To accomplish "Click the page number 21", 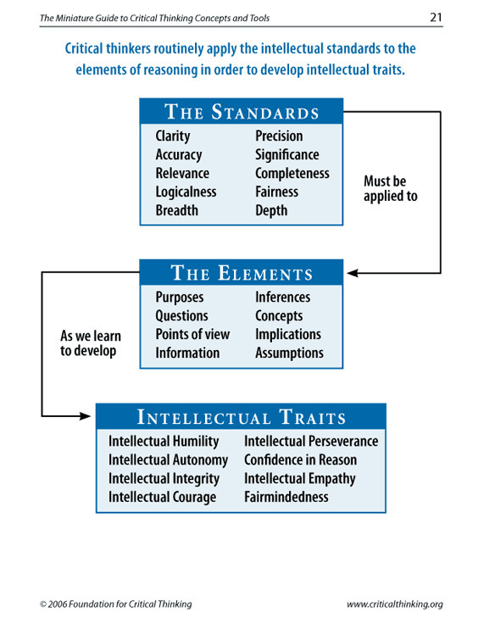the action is [x=436, y=17].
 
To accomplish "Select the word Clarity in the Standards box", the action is [x=173, y=136].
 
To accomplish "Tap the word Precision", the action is [x=279, y=136].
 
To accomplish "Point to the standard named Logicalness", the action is [x=186, y=192].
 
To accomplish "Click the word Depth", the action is [x=271, y=210].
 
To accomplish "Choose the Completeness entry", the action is [x=292, y=174].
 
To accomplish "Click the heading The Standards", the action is [x=242, y=112].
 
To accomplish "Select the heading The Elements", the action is [x=242, y=273].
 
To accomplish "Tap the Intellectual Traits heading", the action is [x=242, y=417].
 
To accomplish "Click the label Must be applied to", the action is [x=390, y=189].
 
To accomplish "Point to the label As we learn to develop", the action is [x=91, y=343].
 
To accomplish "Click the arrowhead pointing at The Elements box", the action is [x=353, y=273].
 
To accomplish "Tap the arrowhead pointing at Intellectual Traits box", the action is [x=85, y=415].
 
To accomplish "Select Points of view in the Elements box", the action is [x=192, y=334].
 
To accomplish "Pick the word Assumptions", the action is [x=289, y=354].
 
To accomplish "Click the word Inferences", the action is [x=282, y=298].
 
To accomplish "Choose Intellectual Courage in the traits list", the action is [x=163, y=498].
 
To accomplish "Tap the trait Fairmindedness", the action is [x=286, y=497].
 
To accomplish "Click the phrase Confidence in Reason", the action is [x=300, y=460].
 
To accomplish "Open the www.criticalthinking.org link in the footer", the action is [x=395, y=604].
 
